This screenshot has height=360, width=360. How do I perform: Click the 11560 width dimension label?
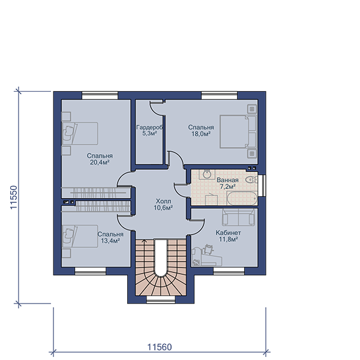[x=160, y=347]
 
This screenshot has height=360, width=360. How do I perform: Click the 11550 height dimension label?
[x=14, y=197]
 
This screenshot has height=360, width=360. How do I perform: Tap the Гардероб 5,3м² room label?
[x=149, y=130]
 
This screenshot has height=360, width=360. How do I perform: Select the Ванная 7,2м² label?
[x=227, y=183]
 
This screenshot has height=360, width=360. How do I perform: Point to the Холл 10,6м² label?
[x=163, y=205]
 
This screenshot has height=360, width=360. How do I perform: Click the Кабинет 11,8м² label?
[x=228, y=236]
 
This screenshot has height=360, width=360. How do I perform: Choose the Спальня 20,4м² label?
[x=100, y=159]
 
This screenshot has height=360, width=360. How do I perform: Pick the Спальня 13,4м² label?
[x=110, y=238]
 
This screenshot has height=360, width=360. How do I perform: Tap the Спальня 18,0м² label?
[x=201, y=130]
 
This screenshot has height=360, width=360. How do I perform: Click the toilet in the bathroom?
[x=251, y=179]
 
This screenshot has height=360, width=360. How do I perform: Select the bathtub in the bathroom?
[x=242, y=199]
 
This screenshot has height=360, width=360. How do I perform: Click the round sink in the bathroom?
[x=208, y=174]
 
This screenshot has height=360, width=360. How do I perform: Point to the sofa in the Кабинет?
[x=239, y=217]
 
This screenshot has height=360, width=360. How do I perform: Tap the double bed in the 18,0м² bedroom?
[x=238, y=131]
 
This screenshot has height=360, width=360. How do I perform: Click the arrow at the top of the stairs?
[x=144, y=241]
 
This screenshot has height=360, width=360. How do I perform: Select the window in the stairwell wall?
[x=161, y=299]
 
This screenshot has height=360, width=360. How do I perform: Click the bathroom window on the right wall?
[x=262, y=185]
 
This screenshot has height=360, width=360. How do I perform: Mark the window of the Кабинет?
[x=229, y=271]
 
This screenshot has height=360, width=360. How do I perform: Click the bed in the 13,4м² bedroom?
[x=80, y=236]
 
